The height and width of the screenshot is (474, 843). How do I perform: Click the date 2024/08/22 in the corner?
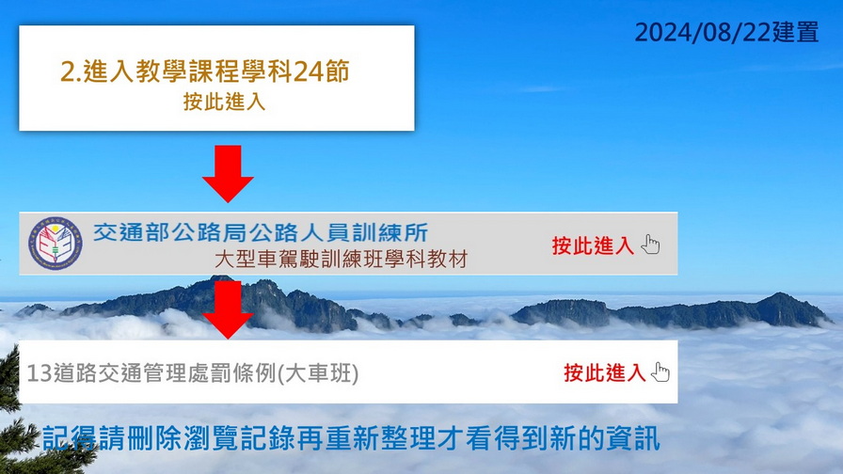pyautogui.click(x=703, y=32)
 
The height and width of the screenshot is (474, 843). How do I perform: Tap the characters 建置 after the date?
pyautogui.click(x=795, y=32)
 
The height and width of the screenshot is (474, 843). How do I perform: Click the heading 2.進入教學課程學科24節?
pyautogui.click(x=205, y=71)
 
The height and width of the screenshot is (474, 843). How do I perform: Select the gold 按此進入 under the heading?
pyautogui.click(x=224, y=102)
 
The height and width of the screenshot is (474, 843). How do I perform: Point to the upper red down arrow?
pyautogui.click(x=228, y=173)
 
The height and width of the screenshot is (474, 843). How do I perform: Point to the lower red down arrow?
pyautogui.click(x=228, y=309)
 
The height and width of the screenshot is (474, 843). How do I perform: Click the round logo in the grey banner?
pyautogui.click(x=55, y=244)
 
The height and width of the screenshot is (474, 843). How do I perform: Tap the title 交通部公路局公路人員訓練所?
pyautogui.click(x=261, y=232)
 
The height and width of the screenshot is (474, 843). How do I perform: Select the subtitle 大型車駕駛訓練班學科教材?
pyautogui.click(x=341, y=259)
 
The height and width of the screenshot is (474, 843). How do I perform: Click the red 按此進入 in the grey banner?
pyautogui.click(x=593, y=245)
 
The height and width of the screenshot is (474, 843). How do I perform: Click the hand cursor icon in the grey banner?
pyautogui.click(x=650, y=245)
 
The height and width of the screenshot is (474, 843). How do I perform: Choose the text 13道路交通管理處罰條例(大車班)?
pyautogui.click(x=193, y=373)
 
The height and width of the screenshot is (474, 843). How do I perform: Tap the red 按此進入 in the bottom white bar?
pyautogui.click(x=604, y=372)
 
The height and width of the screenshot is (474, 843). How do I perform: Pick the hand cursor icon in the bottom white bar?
pyautogui.click(x=660, y=371)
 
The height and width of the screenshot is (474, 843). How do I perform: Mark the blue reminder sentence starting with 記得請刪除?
pyautogui.click(x=351, y=438)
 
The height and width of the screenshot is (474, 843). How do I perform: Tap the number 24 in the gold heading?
pyautogui.click(x=308, y=71)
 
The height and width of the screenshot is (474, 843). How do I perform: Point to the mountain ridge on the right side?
pyautogui.click(x=672, y=311)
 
